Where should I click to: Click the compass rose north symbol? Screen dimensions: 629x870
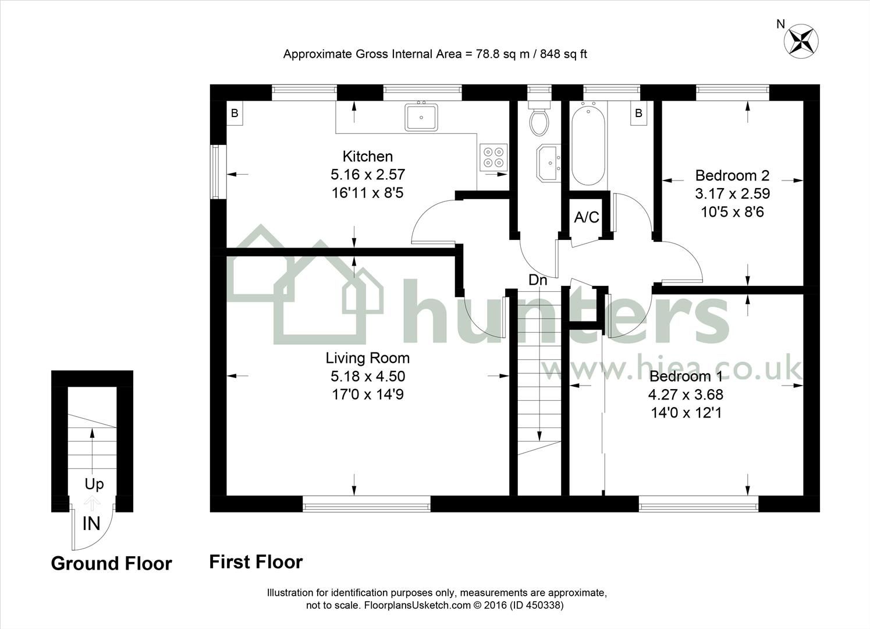coord(801,40)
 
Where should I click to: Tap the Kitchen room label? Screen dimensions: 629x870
coord(367,156)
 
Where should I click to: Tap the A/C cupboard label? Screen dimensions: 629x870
coord(586,217)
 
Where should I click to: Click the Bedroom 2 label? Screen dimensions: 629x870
coord(732,175)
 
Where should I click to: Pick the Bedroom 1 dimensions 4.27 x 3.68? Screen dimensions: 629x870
coord(686,394)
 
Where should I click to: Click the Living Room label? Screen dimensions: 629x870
coord(367,358)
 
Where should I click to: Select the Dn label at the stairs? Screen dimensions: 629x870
coord(538,280)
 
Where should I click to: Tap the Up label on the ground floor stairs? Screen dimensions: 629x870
coord(94,484)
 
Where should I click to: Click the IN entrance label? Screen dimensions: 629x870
coord(91,524)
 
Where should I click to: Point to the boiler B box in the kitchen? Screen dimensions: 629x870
coord(235,113)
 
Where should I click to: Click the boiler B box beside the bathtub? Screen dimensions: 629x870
coord(638,113)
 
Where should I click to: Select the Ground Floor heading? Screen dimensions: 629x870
coord(111,563)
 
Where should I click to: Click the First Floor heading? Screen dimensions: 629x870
coord(256,562)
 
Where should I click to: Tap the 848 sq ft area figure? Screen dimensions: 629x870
coord(563,54)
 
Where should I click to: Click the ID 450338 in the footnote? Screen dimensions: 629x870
coord(537,605)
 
